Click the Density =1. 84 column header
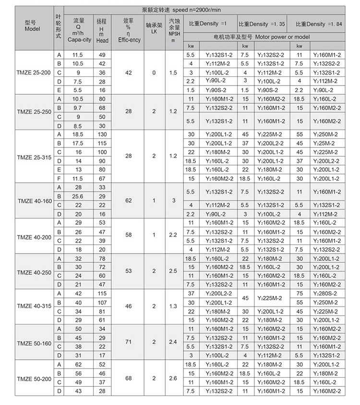click(x=319, y=24)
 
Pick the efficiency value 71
click(x=129, y=342)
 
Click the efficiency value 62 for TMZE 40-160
click(x=129, y=200)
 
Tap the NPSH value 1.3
click(x=173, y=306)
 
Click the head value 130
click(x=102, y=135)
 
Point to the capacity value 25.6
click(x=78, y=196)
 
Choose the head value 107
click(x=102, y=302)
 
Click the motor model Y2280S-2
click(x=329, y=293)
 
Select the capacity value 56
click(x=78, y=373)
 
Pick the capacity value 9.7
click(x=78, y=108)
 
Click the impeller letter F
click(x=59, y=178)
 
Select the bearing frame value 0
click(x=154, y=73)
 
